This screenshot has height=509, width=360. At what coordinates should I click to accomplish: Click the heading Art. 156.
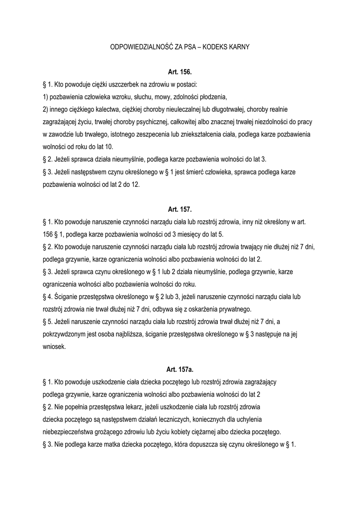coord(180,72)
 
